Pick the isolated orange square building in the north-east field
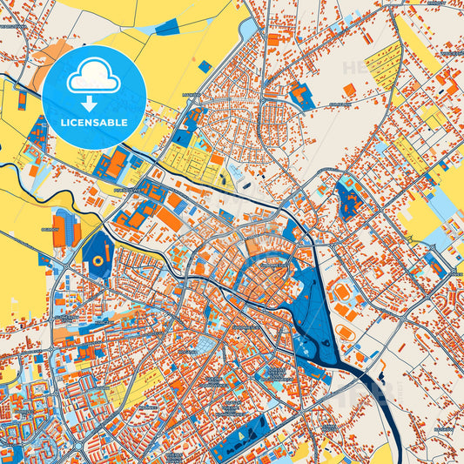pos(349,89)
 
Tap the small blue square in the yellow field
pos(204,66)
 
